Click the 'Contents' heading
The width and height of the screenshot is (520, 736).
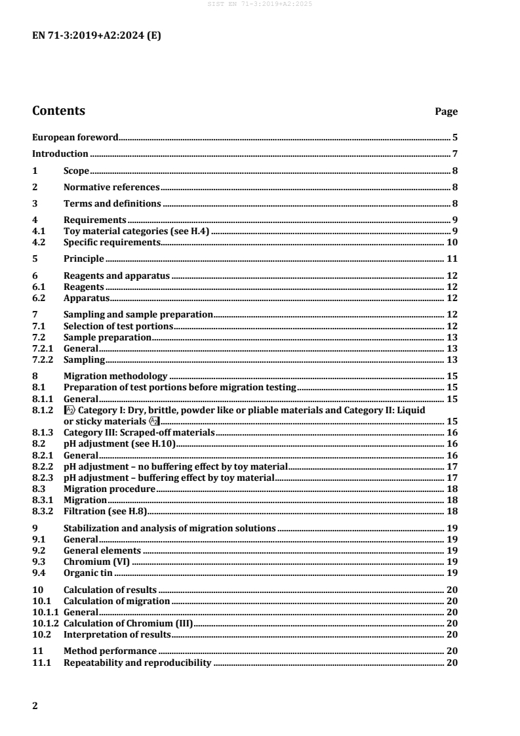[x=58, y=111]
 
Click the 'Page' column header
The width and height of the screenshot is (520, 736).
[x=447, y=112]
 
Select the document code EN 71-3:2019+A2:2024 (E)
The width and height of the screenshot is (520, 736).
[x=96, y=36]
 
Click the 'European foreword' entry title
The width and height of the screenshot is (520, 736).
[x=75, y=138]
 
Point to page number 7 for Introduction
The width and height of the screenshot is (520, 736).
[x=454, y=154]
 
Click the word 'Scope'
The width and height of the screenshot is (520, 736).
[x=76, y=171]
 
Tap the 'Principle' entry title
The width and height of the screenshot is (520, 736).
[x=83, y=258]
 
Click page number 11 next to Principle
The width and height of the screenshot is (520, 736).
[x=452, y=258]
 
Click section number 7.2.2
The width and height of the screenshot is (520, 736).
[x=44, y=359]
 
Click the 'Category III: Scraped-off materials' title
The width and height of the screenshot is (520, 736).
[x=139, y=433]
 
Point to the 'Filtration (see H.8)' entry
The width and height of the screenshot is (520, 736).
[x=107, y=510]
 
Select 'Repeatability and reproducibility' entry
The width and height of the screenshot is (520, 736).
[x=136, y=663]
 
